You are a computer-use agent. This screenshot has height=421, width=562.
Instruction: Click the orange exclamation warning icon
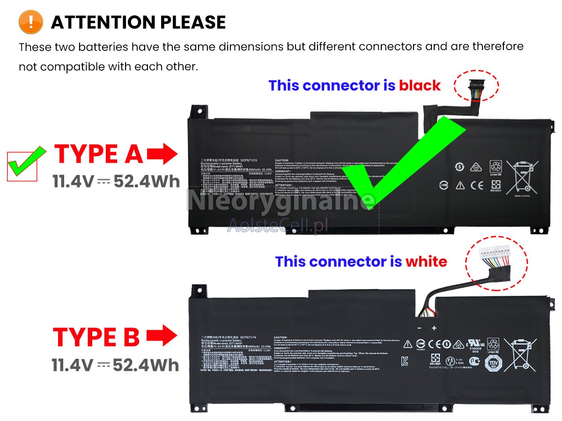[31, 22]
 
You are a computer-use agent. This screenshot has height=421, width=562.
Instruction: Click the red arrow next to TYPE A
[162, 154]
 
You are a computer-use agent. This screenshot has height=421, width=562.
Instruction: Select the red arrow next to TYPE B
[162, 336]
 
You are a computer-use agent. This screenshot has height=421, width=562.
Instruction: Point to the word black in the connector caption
[420, 86]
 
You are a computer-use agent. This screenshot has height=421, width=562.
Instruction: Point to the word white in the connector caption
[426, 261]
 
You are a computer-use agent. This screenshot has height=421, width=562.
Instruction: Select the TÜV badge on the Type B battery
[492, 363]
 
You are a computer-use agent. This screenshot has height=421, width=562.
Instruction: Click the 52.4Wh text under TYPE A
[146, 181]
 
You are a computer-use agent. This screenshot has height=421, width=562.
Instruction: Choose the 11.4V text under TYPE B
[73, 365]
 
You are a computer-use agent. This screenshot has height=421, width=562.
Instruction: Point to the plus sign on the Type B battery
[434, 328]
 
